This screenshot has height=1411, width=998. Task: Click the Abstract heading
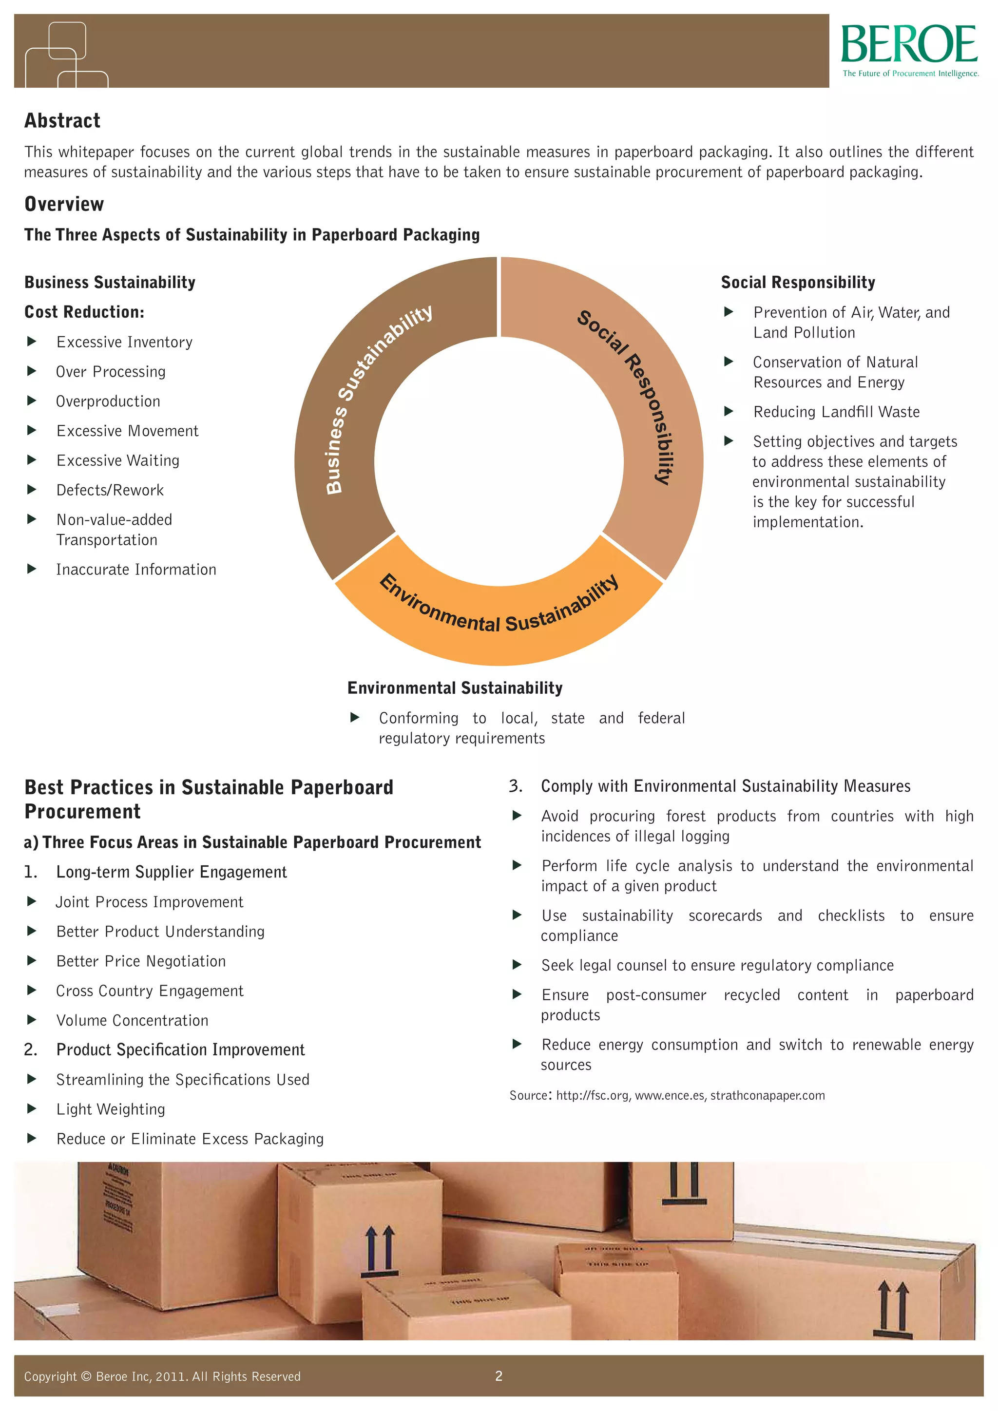click(62, 120)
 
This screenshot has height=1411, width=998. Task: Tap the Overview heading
click(64, 204)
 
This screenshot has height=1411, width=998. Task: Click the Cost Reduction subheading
click(84, 312)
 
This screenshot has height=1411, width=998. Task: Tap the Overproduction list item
click(108, 401)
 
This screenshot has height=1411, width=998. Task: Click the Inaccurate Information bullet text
click(136, 570)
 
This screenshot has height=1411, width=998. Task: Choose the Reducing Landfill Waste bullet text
click(836, 412)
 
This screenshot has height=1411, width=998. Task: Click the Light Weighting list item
click(111, 1109)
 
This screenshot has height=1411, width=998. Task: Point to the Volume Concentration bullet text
click(132, 1020)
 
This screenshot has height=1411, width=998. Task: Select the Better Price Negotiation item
click(141, 961)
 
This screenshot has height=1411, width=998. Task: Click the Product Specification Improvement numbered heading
click(180, 1049)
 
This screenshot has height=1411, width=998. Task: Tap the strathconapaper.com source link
click(768, 1096)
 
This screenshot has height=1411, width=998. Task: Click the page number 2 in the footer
click(499, 1376)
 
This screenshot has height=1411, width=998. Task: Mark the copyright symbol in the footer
click(86, 1376)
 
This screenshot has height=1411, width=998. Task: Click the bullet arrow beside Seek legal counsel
click(517, 965)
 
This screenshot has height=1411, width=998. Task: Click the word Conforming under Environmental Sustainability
click(419, 718)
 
